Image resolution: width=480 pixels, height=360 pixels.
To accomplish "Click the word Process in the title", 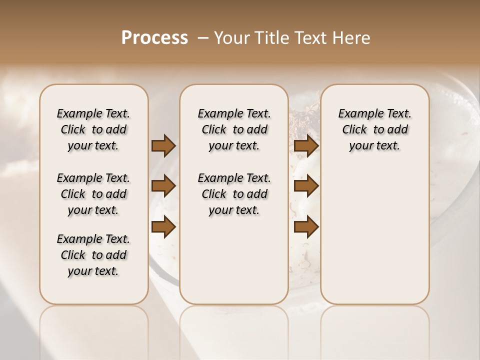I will [x=154, y=38].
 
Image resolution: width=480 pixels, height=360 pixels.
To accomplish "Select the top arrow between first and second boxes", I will [x=163, y=146].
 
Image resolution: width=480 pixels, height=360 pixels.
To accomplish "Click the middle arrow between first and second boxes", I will [x=163, y=186].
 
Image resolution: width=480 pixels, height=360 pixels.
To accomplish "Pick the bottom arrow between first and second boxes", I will [x=163, y=227].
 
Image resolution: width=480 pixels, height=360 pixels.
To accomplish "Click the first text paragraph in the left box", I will [x=93, y=129].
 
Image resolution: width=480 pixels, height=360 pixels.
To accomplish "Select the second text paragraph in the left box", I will [x=93, y=194].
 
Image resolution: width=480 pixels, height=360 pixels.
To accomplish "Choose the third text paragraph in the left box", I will [x=93, y=255].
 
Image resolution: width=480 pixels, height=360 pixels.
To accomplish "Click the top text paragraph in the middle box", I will [x=234, y=129].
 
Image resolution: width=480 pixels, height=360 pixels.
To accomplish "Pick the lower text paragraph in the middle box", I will [x=234, y=194].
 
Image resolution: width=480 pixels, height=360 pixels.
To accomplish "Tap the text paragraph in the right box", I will [x=375, y=129].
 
